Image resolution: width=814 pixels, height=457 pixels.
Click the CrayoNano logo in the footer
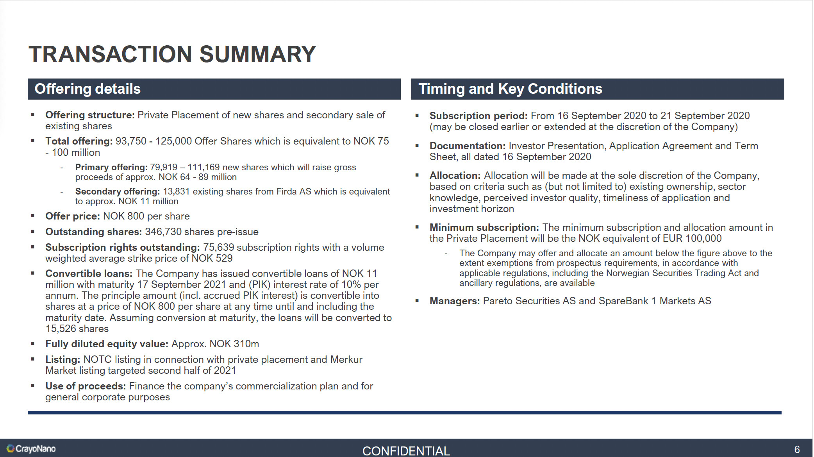coord(31,449)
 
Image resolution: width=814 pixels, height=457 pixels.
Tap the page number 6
coord(797,450)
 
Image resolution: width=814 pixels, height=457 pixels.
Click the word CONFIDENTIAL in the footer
coord(406,451)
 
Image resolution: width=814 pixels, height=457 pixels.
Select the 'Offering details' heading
coord(87,89)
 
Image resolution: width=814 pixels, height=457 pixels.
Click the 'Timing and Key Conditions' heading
coord(511,89)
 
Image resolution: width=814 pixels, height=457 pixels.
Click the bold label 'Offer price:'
coord(73,216)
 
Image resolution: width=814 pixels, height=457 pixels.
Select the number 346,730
coord(163,232)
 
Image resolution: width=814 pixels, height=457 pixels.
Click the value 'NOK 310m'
coord(234,344)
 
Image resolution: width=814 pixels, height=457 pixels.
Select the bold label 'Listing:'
coord(63,359)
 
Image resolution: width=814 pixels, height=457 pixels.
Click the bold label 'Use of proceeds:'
coord(86,386)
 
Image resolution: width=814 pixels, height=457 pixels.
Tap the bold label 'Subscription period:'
coord(478,116)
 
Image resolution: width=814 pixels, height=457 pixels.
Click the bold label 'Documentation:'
coord(468,146)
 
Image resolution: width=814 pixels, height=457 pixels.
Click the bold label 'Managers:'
coord(455,301)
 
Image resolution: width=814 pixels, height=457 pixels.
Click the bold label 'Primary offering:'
coord(111,167)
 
